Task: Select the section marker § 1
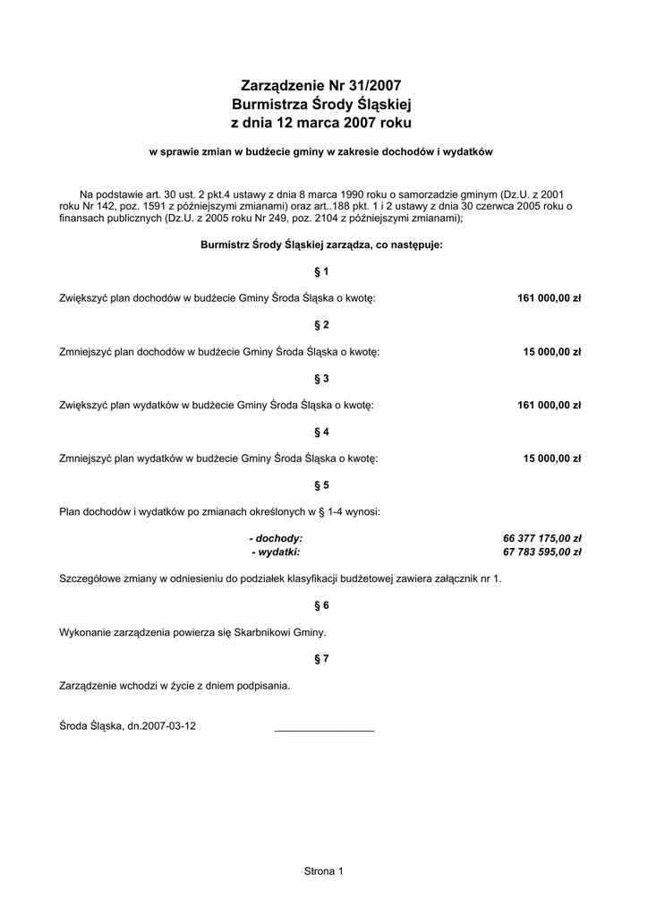click(x=322, y=270)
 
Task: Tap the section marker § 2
click(x=322, y=324)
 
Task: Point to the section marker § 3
click(x=322, y=378)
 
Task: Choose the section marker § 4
click(x=322, y=432)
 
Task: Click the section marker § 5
click(x=322, y=485)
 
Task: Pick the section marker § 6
click(x=322, y=605)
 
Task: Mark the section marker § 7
click(x=322, y=659)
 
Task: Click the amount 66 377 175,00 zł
click(x=542, y=538)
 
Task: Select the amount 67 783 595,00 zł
click(x=542, y=552)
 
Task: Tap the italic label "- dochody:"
click(x=276, y=538)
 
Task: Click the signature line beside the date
click(x=324, y=730)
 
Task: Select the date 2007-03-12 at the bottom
click(x=169, y=726)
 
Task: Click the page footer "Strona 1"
click(x=323, y=870)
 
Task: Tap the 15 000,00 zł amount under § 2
click(x=552, y=351)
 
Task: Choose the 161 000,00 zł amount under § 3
click(x=550, y=405)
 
